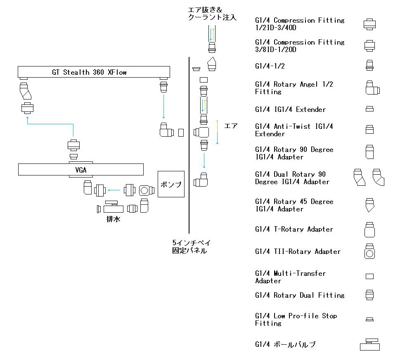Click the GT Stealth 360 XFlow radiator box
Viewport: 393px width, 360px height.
click(x=94, y=72)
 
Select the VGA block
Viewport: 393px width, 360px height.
click(x=81, y=169)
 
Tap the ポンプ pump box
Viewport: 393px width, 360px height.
click(x=171, y=184)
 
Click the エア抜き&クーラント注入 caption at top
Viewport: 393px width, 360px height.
click(x=212, y=14)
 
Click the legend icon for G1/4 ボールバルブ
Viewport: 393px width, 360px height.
click(x=369, y=344)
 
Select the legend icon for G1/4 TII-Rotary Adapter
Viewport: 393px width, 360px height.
click(x=369, y=251)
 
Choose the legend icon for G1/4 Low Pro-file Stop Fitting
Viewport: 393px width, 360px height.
click(x=369, y=319)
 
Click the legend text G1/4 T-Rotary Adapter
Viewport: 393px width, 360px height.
click(x=294, y=229)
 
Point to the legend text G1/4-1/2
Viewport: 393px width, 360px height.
click(x=270, y=66)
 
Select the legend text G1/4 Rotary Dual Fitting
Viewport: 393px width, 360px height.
click(x=300, y=295)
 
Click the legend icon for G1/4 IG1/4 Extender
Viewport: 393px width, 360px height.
click(x=369, y=109)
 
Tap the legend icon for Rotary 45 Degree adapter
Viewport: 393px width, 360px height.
click(x=369, y=205)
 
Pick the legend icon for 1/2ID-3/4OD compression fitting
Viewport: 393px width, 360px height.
click(x=369, y=24)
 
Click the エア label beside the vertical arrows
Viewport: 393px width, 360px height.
click(x=231, y=126)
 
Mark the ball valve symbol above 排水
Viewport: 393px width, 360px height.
click(x=114, y=206)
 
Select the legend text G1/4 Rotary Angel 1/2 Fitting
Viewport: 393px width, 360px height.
click(x=294, y=88)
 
